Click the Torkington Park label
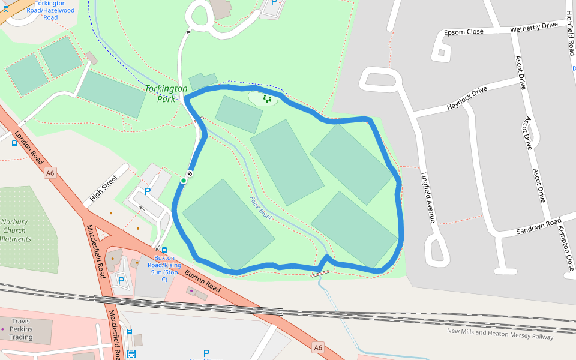(x=166, y=94)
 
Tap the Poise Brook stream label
(x=262, y=208)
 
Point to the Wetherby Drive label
(x=533, y=27)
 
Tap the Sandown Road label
(x=538, y=227)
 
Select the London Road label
(x=28, y=148)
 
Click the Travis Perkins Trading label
(x=21, y=329)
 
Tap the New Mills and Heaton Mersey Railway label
(x=500, y=334)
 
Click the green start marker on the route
(x=184, y=180)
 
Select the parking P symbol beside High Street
(x=147, y=192)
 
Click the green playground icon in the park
(x=266, y=98)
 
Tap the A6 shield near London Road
(x=50, y=173)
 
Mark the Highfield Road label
(x=571, y=33)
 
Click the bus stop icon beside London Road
(x=14, y=143)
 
